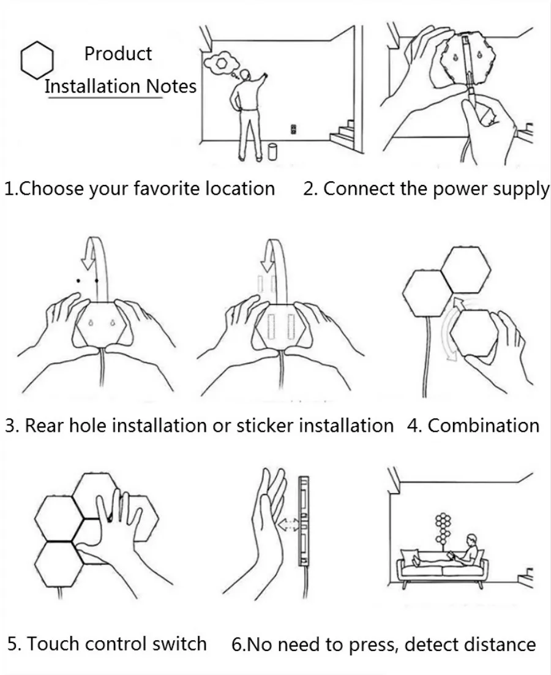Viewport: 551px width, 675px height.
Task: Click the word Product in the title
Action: [118, 54]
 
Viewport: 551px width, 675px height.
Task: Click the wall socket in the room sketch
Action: [294, 129]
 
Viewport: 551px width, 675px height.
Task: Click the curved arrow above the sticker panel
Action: [280, 246]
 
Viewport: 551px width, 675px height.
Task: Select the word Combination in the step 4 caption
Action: [484, 425]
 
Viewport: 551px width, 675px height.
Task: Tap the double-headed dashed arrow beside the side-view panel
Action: [288, 524]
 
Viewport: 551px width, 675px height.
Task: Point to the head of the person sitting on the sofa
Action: [472, 540]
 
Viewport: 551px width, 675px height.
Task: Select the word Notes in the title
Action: [171, 86]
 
